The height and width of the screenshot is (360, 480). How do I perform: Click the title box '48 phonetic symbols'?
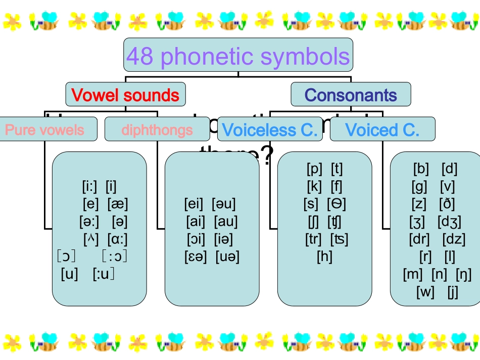[238, 55]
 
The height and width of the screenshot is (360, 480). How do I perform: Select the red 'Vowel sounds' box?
[125, 94]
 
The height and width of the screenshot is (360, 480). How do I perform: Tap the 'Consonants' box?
[351, 94]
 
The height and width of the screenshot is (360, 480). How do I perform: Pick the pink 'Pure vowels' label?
[44, 130]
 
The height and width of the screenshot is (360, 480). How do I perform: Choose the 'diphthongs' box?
[157, 130]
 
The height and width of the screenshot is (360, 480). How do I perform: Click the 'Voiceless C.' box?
[270, 130]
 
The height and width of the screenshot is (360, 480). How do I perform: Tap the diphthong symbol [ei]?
[194, 204]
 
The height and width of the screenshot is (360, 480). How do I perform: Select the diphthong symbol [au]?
[226, 221]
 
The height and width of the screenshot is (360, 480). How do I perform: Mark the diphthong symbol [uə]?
[227, 256]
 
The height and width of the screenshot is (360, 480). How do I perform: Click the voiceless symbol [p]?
[314, 169]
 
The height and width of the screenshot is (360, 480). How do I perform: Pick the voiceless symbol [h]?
[324, 256]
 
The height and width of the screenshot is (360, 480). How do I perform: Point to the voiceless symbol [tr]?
[313, 239]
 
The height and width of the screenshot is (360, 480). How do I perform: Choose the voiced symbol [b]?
[420, 169]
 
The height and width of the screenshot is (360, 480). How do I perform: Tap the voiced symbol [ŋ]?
[463, 274]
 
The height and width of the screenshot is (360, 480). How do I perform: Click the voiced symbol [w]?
[425, 292]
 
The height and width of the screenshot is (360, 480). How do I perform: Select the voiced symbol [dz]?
[454, 239]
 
